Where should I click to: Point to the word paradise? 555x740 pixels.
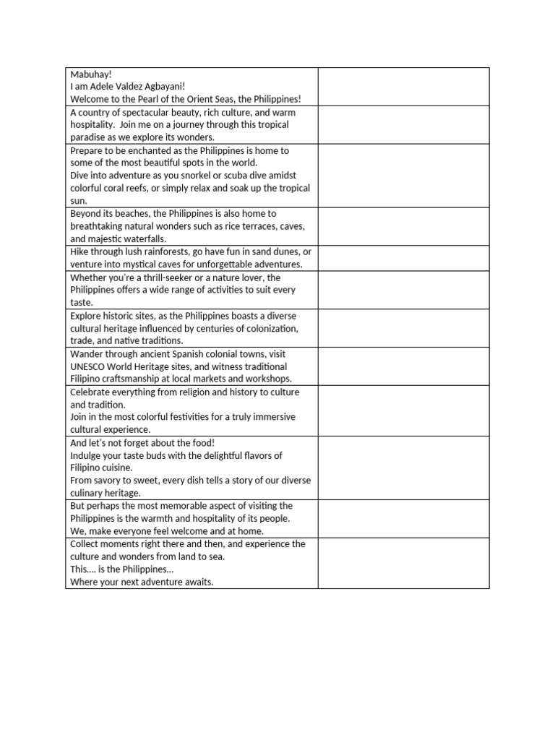click(x=89, y=137)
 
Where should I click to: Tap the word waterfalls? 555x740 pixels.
click(x=145, y=238)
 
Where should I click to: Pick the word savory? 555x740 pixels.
click(x=108, y=481)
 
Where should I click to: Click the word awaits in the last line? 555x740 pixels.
click(x=195, y=582)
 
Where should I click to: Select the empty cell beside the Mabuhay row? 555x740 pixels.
click(x=403, y=86)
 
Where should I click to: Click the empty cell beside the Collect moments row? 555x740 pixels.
click(x=403, y=563)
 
